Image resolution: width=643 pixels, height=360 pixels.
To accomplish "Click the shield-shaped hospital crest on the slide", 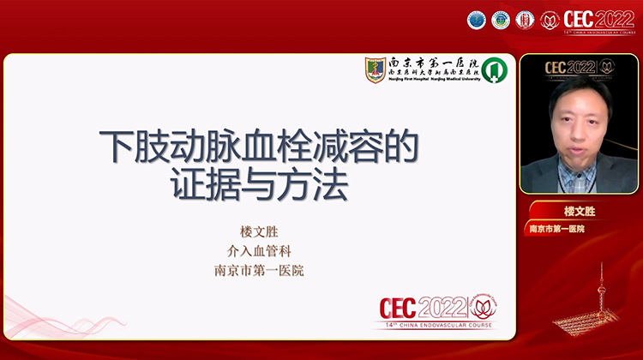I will click(x=376, y=70).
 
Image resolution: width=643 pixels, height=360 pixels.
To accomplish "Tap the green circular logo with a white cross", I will click(x=492, y=70).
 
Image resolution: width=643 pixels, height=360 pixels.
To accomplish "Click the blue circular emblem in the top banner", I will click(x=477, y=20).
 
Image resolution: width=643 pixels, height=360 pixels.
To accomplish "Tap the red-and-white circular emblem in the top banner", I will click(x=525, y=20).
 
